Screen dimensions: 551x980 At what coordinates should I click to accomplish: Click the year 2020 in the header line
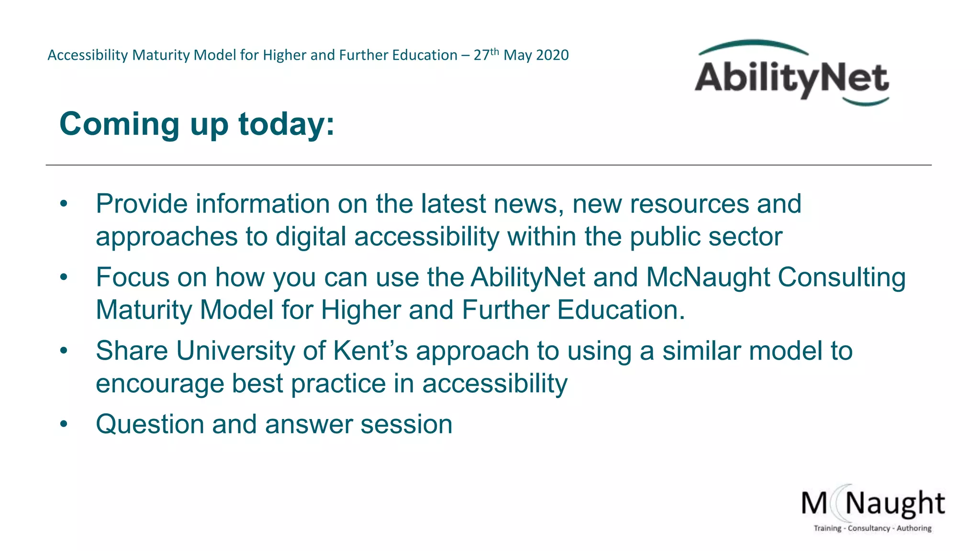(x=553, y=55)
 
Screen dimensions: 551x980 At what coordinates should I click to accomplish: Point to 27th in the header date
(x=486, y=55)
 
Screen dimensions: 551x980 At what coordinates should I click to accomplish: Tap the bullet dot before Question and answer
(x=64, y=424)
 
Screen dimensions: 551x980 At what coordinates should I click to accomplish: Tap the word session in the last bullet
(x=406, y=425)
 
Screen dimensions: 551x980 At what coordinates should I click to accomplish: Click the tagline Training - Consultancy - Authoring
(x=872, y=529)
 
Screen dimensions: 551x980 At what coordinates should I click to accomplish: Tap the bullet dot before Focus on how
(x=64, y=277)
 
